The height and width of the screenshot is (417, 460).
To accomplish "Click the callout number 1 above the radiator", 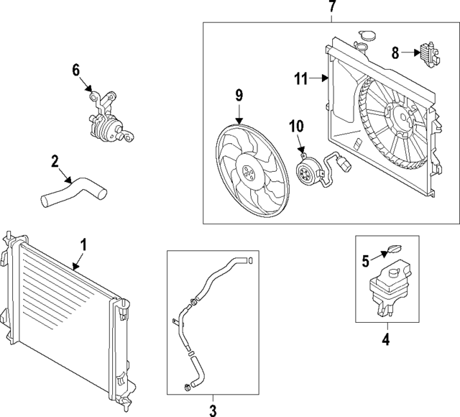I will (x=83, y=245).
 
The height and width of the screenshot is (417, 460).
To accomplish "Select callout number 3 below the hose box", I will (x=213, y=410).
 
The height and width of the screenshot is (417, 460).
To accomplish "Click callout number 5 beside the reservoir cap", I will (x=366, y=260).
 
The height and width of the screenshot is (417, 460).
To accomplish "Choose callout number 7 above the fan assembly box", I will (x=331, y=8).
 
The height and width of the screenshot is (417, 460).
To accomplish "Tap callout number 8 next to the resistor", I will (x=395, y=52).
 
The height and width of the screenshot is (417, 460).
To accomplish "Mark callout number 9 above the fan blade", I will (x=239, y=94).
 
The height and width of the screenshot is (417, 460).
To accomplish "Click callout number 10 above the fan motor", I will (x=297, y=127).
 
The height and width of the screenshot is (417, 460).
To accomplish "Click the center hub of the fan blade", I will (x=249, y=173).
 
